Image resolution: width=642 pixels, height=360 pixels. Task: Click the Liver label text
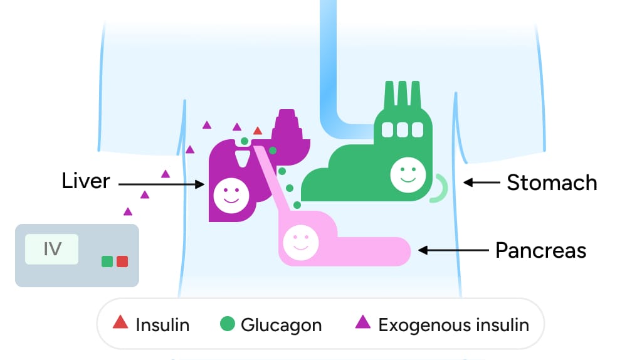pos(86,181)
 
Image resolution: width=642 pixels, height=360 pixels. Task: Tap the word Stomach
pos(552,183)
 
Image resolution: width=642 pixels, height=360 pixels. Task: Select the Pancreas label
pos(540,250)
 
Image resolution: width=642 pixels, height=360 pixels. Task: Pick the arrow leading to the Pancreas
pos(453,250)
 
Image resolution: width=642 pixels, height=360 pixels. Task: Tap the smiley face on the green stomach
pos(408,174)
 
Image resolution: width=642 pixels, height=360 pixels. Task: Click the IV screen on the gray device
pos(52,249)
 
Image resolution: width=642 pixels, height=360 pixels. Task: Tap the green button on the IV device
pos(107,261)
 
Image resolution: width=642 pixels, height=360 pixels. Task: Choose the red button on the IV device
pos(122,261)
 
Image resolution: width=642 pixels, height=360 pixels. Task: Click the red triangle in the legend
pos(120,324)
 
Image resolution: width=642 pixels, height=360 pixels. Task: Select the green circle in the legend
pos(228,324)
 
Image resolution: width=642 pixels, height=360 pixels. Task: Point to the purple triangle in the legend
pos(362,323)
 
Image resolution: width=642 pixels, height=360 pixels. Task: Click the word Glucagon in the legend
pos(281,326)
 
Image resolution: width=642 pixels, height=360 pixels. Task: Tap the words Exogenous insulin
pos(453,326)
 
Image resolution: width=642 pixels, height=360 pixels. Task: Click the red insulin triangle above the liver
pos(257,131)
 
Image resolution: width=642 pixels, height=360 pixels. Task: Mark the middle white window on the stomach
pos(401,129)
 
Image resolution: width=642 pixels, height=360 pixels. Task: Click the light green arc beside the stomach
pos(439,188)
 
